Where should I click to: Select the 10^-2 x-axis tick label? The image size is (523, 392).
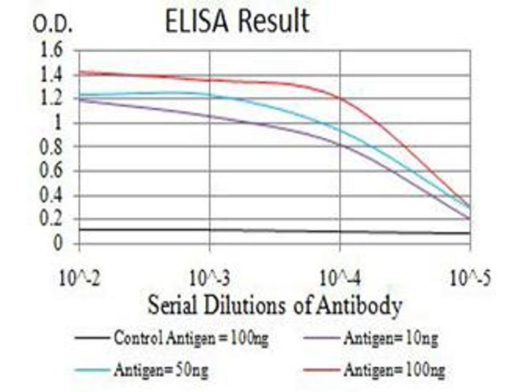tap(80, 279)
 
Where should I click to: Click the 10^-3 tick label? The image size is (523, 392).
tap(210, 279)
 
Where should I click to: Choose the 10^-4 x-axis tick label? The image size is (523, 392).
tap(340, 279)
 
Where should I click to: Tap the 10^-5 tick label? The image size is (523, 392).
tap(470, 279)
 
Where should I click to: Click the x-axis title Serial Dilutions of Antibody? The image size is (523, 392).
tap(274, 305)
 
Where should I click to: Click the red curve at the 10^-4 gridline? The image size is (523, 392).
tap(340, 98)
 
